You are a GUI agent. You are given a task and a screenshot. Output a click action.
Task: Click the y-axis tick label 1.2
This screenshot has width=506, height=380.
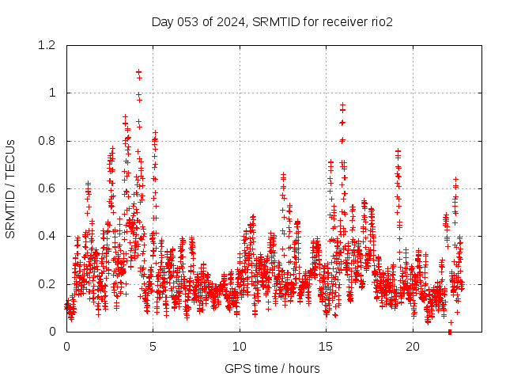[x=49, y=45]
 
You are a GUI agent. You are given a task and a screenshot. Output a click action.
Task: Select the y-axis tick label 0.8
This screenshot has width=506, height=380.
[x=49, y=141]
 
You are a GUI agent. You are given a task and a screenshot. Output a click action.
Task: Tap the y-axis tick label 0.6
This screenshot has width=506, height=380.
[x=49, y=188]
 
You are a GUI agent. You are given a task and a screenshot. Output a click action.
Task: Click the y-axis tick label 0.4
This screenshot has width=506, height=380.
[x=49, y=236]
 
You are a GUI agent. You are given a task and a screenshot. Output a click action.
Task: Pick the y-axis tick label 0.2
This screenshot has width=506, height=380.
[x=49, y=283]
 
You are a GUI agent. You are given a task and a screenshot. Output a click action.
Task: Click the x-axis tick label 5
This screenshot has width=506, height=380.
[x=153, y=347]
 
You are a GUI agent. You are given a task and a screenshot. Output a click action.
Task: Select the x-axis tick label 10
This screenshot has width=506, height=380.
[x=239, y=347]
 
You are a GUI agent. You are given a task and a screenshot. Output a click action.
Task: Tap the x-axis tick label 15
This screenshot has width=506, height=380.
[x=326, y=347]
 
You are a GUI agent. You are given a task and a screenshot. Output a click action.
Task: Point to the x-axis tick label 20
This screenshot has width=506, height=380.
[x=413, y=347]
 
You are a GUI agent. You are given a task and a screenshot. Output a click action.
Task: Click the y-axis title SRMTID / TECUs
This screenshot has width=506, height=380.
[x=10, y=188]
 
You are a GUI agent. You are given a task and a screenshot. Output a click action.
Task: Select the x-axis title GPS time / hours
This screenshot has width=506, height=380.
[x=272, y=368]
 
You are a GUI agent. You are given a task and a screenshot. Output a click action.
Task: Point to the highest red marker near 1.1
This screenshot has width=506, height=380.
[x=139, y=72]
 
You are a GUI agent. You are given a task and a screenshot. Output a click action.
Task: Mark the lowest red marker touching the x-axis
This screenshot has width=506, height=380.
[x=450, y=331]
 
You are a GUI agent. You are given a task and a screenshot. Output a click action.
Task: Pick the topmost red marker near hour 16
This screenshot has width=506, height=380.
[x=342, y=104]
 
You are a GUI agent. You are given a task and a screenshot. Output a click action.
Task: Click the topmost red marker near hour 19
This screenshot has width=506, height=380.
[x=398, y=150]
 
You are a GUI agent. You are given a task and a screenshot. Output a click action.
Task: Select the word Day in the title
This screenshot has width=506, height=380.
[x=162, y=21]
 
